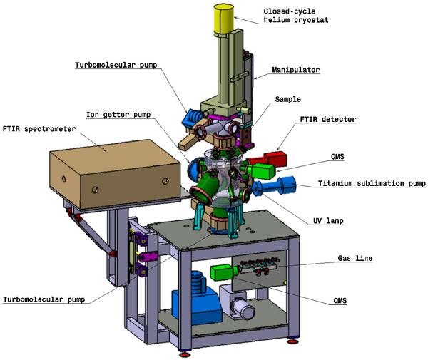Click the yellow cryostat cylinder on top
[223, 19]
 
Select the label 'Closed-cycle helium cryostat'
[296, 16]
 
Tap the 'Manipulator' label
[295, 70]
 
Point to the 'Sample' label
[288, 99]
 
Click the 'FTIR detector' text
[328, 119]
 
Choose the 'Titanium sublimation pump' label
[372, 183]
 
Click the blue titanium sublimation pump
[275, 186]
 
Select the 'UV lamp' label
[328, 220]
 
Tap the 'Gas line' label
[355, 258]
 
